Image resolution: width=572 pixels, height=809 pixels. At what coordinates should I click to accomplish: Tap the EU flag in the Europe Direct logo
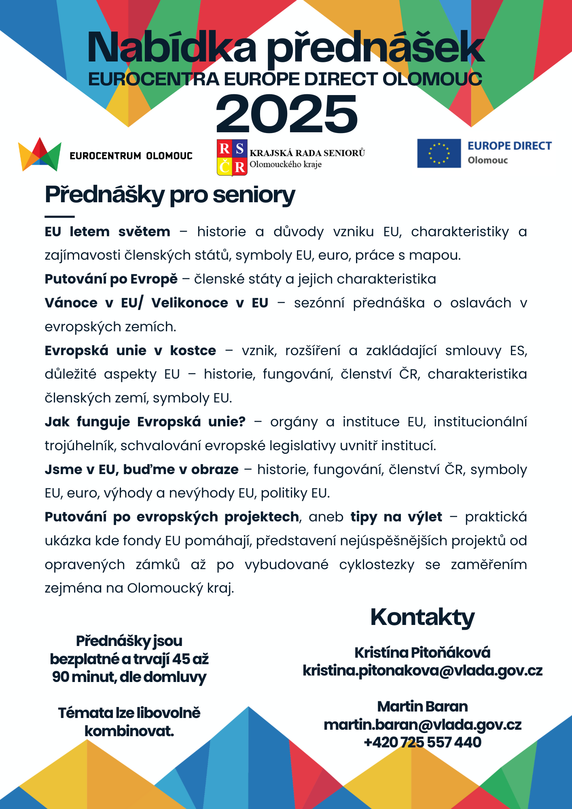[439, 153]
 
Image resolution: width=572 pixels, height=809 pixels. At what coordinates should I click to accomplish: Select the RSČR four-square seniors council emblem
[232, 157]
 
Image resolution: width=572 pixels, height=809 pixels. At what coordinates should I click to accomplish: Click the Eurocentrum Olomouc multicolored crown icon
[40, 154]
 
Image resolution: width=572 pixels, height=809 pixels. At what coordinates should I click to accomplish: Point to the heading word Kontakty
[422, 617]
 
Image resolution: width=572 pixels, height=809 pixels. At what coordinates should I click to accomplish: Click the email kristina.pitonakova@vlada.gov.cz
[422, 671]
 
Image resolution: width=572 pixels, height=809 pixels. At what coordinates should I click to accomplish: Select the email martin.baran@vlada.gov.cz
[422, 724]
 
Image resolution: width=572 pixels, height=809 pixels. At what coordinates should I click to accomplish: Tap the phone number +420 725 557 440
[422, 742]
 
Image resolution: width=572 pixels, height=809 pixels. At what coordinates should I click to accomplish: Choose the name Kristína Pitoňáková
[422, 652]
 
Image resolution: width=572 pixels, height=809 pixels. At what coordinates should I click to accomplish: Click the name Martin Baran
[422, 706]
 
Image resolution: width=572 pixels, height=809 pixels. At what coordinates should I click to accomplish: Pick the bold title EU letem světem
[107, 232]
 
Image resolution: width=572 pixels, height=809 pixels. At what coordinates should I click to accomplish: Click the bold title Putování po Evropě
[111, 279]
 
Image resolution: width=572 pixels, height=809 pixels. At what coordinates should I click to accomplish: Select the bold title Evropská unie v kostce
[130, 350]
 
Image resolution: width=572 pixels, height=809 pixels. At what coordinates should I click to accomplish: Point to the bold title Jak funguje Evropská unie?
[145, 421]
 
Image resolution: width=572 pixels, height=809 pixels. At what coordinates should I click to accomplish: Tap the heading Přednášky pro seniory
[170, 195]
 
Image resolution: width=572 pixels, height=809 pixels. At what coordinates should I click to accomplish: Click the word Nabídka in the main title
[172, 48]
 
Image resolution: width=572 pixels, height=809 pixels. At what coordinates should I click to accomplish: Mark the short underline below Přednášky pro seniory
[59, 217]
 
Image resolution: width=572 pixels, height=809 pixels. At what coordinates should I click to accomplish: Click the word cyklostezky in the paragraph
[377, 565]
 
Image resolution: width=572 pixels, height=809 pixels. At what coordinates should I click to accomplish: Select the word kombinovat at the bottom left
[129, 731]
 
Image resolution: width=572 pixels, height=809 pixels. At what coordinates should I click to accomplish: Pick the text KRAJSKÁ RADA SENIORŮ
[307, 153]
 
